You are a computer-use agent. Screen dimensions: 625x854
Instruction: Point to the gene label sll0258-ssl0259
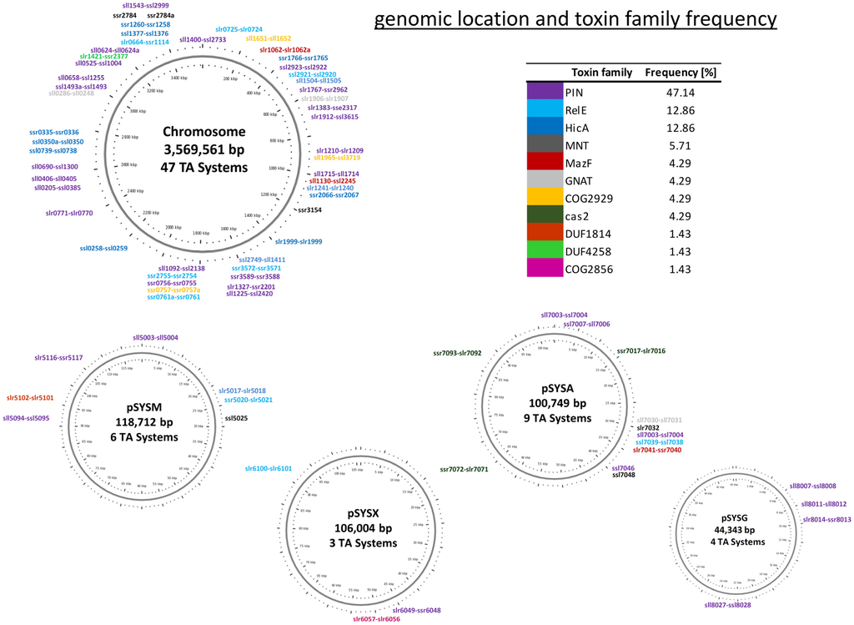click(x=103, y=248)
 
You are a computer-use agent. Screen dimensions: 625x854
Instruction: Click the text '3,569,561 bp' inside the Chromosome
click(x=204, y=150)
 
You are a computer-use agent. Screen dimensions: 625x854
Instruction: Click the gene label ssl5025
click(x=238, y=417)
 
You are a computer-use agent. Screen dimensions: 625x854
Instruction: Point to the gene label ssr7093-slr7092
click(x=457, y=353)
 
